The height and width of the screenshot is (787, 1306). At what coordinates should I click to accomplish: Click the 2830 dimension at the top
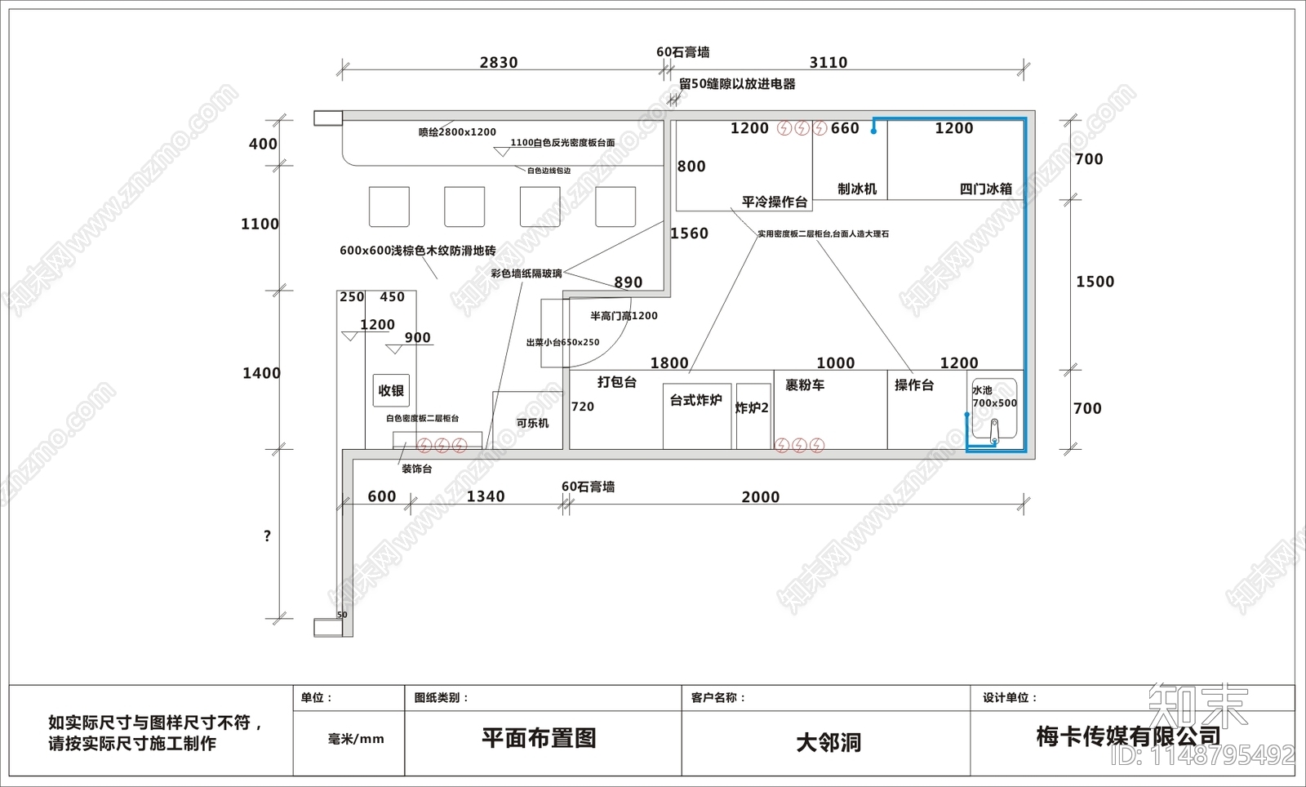click(498, 63)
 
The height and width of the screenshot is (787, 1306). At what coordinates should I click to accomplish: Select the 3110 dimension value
click(828, 63)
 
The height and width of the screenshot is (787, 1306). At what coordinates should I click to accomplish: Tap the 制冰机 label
click(856, 189)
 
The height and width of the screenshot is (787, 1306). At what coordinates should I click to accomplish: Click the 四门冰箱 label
click(985, 189)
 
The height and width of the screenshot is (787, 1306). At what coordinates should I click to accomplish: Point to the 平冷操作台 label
click(774, 202)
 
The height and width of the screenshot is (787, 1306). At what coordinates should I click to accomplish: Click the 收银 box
click(391, 391)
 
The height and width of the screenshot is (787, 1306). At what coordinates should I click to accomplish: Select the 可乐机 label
click(532, 423)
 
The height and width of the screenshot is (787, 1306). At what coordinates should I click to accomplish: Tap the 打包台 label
click(616, 382)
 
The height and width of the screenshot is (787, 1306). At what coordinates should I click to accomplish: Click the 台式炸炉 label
click(695, 400)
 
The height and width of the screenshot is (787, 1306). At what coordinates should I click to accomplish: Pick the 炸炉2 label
click(752, 408)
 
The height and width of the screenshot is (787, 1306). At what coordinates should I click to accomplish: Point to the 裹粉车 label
click(805, 385)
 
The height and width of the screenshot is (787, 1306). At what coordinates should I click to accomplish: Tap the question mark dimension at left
click(267, 536)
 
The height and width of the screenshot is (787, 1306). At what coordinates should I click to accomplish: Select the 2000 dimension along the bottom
click(760, 497)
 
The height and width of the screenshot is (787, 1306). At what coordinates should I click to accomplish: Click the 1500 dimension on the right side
click(1095, 282)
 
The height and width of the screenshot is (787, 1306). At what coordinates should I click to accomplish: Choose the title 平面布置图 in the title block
click(539, 738)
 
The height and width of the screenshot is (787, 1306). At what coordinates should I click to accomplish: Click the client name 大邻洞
click(828, 742)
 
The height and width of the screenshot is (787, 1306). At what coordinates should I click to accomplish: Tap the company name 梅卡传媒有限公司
click(1128, 737)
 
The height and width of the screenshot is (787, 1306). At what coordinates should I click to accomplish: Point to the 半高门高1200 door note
click(624, 316)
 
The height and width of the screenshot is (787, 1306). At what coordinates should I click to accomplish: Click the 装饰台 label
click(416, 469)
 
